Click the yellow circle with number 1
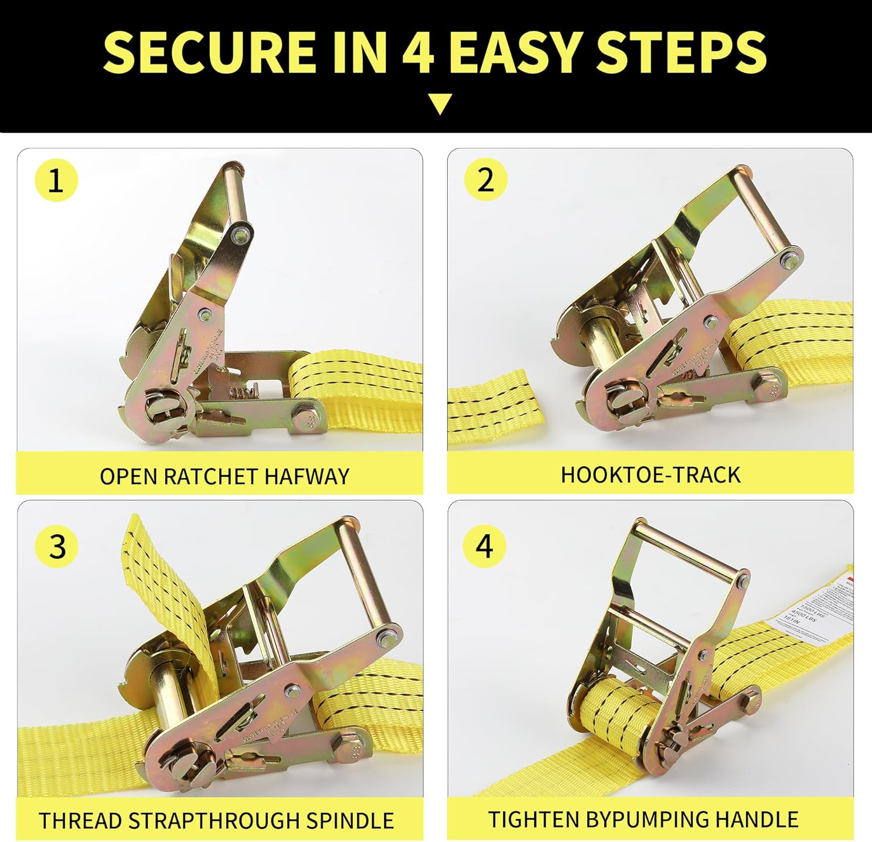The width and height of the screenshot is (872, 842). click(56, 180)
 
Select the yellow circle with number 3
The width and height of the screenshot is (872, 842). click(56, 546)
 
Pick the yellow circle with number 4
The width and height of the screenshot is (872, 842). click(484, 546)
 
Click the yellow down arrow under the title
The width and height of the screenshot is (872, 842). click(440, 104)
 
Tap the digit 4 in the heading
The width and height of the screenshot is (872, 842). click(418, 52)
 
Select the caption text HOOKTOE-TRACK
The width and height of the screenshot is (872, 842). click(650, 475)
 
